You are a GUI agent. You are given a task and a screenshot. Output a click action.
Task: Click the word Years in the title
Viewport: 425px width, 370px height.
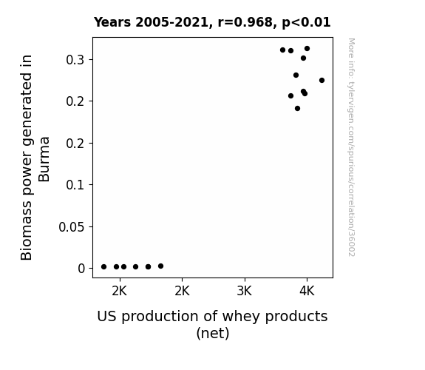point(112,22)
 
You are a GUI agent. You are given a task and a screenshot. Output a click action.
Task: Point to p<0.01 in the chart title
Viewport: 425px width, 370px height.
point(306,23)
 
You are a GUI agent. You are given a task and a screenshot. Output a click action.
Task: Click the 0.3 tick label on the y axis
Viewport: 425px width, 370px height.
point(75,60)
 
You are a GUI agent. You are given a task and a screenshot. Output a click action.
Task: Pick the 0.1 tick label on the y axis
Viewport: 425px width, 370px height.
point(75,185)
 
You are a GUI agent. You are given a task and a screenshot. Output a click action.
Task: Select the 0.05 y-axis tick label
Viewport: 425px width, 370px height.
point(72,226)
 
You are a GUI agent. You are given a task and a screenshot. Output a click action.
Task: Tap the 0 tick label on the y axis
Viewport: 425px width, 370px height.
point(81,269)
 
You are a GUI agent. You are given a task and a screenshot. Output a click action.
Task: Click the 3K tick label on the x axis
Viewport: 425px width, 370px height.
point(245,292)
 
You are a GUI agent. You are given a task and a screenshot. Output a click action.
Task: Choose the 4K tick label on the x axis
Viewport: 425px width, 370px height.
point(307,292)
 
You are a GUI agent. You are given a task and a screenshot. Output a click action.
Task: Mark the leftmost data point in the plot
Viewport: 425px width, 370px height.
point(103,267)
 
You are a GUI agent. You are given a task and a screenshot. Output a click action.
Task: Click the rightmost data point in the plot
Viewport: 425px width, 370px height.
point(322,81)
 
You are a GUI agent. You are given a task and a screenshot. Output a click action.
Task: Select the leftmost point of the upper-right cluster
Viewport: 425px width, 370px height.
point(282,50)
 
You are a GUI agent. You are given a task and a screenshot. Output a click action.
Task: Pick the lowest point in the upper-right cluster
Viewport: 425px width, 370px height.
point(297,109)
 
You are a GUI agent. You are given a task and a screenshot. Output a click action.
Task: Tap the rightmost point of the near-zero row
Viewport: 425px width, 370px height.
point(160,266)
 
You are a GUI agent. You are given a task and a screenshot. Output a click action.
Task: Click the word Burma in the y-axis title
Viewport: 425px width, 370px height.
point(44,159)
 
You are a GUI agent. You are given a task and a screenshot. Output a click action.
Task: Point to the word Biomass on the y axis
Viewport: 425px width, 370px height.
point(27,231)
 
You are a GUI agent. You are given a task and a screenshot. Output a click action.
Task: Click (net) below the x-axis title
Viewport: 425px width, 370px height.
point(213,333)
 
